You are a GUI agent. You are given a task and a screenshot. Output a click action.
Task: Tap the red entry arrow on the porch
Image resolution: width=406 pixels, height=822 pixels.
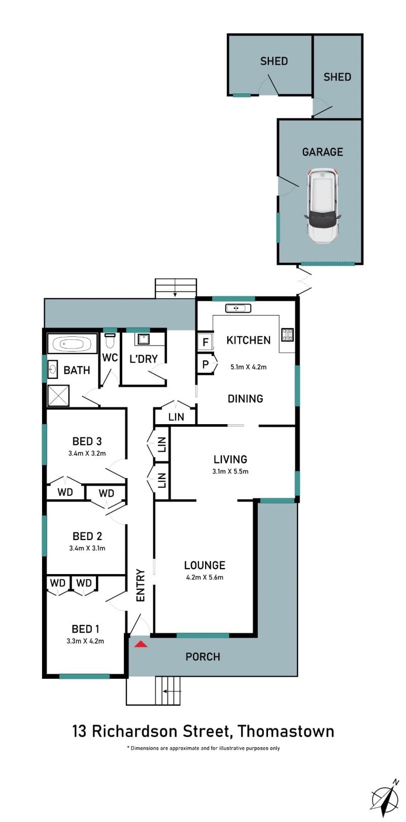coord(141,644)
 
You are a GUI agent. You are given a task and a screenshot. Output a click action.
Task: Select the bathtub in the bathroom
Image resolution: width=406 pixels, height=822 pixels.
coord(72,344)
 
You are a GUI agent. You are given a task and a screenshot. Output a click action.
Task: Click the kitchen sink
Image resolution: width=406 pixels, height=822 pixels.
coord(238,308)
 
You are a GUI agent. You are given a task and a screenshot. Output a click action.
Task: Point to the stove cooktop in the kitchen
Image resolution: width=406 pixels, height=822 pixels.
coord(287,334)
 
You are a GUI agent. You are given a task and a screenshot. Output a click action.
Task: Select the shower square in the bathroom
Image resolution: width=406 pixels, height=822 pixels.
coord(58,396)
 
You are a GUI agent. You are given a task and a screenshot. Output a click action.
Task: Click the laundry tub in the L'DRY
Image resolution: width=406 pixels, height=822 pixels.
coord(142,339)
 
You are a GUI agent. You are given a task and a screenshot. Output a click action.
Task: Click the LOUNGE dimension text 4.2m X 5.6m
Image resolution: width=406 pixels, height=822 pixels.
coord(205,577)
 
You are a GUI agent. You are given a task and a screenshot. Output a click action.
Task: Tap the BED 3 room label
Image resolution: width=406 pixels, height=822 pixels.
coord(87,441)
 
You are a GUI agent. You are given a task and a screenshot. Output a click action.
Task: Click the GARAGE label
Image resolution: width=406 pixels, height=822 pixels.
coord(322,152)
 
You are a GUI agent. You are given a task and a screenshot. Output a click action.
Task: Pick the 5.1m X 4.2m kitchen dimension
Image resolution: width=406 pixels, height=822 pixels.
coord(249,367)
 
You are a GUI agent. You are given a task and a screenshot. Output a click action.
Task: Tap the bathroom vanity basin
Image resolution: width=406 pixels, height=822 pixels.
coord(53,369)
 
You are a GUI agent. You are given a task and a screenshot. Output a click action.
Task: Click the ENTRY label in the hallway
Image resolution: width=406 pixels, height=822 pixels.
coord(141,585)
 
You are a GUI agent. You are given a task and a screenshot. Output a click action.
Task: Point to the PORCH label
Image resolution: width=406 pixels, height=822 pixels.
coord(202,656)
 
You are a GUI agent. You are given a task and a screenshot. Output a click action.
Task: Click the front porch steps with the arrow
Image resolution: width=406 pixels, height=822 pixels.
coord(168,691)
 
